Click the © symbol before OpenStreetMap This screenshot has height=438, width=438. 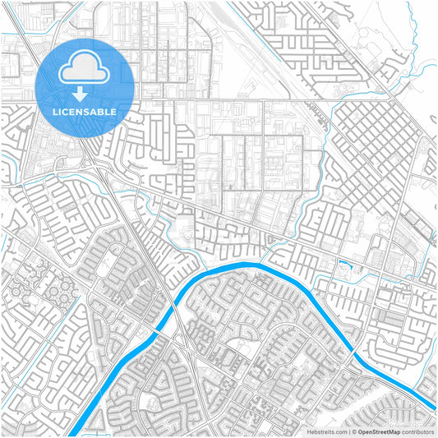click(354, 431)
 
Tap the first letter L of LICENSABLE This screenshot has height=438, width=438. click(54, 111)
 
